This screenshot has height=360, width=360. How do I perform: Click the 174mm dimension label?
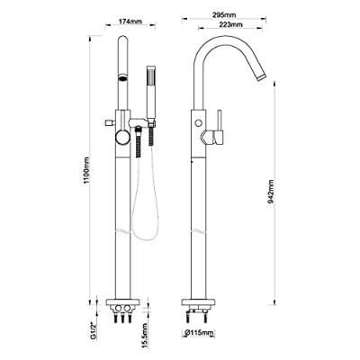(130, 22)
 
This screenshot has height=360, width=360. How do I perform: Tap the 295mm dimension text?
(224, 14)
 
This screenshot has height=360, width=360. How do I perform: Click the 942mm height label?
(271, 192)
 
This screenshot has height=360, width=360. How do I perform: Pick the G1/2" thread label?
(94, 330)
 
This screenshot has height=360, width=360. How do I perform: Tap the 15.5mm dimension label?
(145, 335)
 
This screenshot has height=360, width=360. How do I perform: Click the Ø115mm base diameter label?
(199, 333)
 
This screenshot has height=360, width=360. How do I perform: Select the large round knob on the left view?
(122, 138)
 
